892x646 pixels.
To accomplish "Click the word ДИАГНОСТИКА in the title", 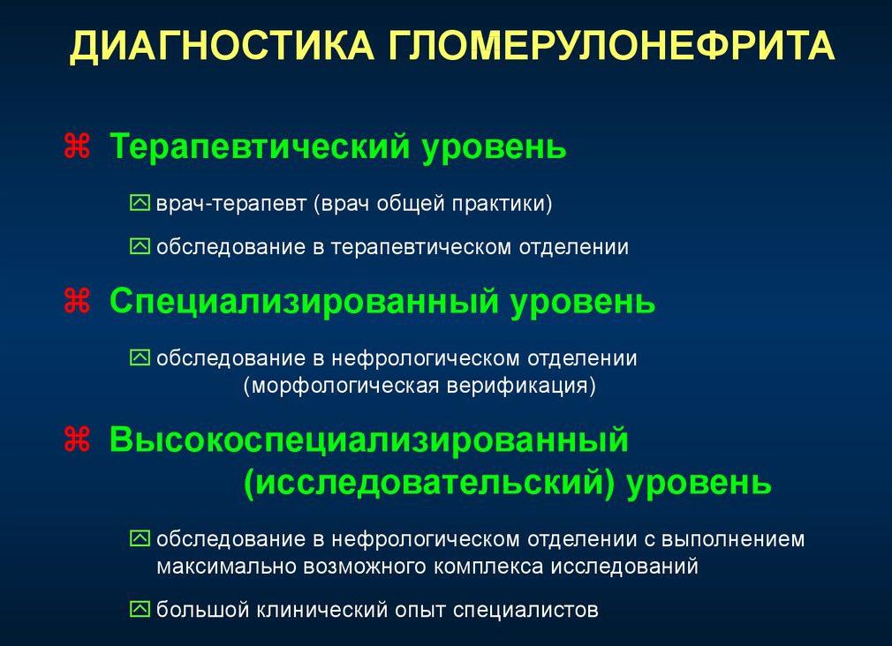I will (x=220, y=47).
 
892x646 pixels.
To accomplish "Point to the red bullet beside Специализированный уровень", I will (x=78, y=301).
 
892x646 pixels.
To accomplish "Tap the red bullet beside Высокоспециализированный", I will (x=78, y=439).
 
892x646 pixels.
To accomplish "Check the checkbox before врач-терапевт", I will (x=140, y=204).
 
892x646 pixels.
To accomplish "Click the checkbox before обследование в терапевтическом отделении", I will (x=140, y=247).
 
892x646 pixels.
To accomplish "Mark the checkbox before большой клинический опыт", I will (x=140, y=609).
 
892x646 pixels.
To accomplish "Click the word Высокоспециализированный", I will (x=368, y=439).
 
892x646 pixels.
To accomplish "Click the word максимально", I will (x=224, y=566).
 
